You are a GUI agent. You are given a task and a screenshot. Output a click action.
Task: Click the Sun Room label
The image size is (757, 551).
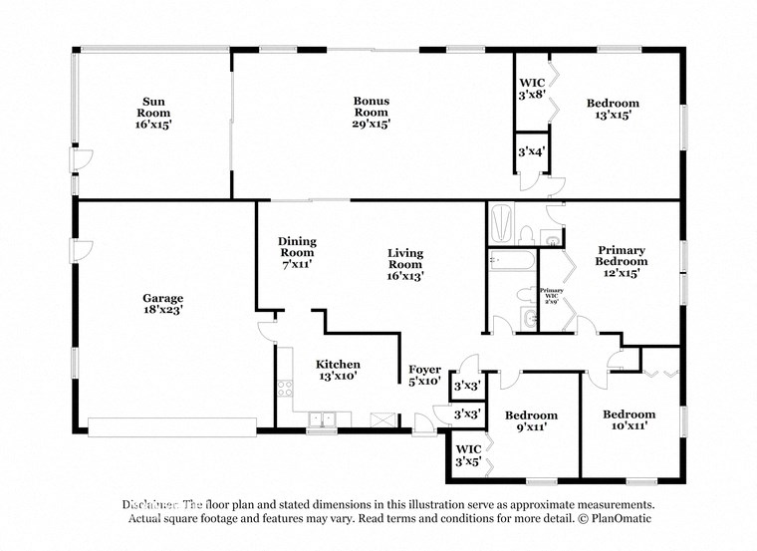coord(153,113)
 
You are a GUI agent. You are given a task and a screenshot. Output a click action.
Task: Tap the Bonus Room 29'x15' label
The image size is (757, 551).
coord(371,113)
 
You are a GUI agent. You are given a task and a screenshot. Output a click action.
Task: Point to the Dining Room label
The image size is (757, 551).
coord(297,253)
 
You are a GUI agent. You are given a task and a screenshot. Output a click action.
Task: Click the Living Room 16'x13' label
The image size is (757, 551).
coord(405,265)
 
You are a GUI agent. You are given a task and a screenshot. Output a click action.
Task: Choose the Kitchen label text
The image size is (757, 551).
coord(338,371)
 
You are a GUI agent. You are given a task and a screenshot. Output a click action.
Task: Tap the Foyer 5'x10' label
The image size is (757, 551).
coord(425,376)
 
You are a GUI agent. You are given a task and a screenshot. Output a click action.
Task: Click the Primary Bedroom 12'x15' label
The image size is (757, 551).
coord(622,261)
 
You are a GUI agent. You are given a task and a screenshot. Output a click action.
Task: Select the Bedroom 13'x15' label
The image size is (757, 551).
coord(613,109)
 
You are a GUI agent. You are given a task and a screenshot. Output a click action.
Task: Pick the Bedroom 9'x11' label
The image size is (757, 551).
coord(531,420)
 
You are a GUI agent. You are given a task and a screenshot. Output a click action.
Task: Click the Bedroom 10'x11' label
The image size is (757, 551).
coord(629,419)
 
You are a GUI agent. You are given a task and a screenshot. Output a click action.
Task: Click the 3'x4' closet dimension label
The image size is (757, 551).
coord(530,151)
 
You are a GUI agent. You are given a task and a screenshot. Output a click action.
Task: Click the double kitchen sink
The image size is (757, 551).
coord(321,419)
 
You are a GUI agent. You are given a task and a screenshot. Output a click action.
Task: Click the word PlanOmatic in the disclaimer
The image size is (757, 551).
coord(618,518)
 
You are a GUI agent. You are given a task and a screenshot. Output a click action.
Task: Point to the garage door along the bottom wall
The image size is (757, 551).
coord(171,426)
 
